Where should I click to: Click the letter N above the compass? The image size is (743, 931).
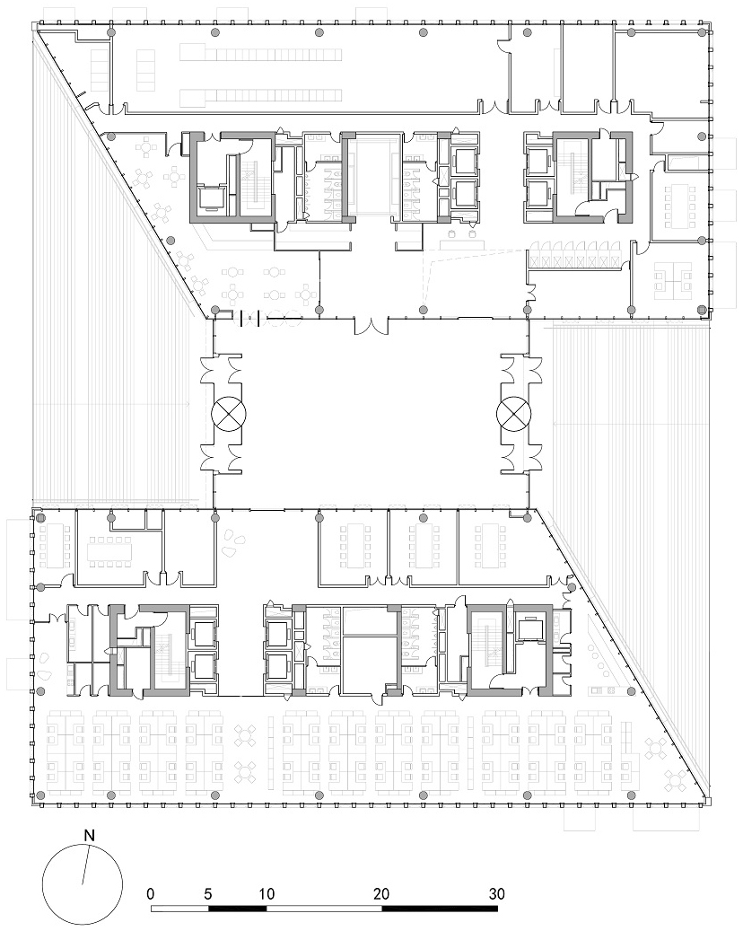pyautogui.click(x=89, y=836)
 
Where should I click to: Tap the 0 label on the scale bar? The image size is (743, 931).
pyautogui.click(x=151, y=893)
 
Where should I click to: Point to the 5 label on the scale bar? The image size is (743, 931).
pyautogui.click(x=207, y=893)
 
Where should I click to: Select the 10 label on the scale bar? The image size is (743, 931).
pyautogui.click(x=267, y=893)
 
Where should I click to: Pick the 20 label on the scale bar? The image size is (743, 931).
pyautogui.click(x=381, y=893)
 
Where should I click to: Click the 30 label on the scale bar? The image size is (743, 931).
pyautogui.click(x=497, y=893)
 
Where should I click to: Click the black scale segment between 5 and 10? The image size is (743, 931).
pyautogui.click(x=238, y=909)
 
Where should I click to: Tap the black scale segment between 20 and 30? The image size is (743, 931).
pyautogui.click(x=439, y=909)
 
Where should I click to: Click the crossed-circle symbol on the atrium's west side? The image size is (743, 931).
pyautogui.click(x=229, y=413)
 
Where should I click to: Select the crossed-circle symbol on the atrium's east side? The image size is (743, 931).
pyautogui.click(x=513, y=413)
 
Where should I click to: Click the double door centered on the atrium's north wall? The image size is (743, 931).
pyautogui.click(x=371, y=326)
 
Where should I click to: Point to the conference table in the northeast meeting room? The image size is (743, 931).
pyautogui.click(x=679, y=206)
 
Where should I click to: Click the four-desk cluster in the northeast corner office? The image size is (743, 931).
pyautogui.click(x=673, y=281)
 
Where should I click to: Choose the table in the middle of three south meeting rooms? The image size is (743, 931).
pyautogui.click(x=423, y=545)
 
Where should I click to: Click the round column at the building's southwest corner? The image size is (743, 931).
pyautogui.click(x=40, y=795)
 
